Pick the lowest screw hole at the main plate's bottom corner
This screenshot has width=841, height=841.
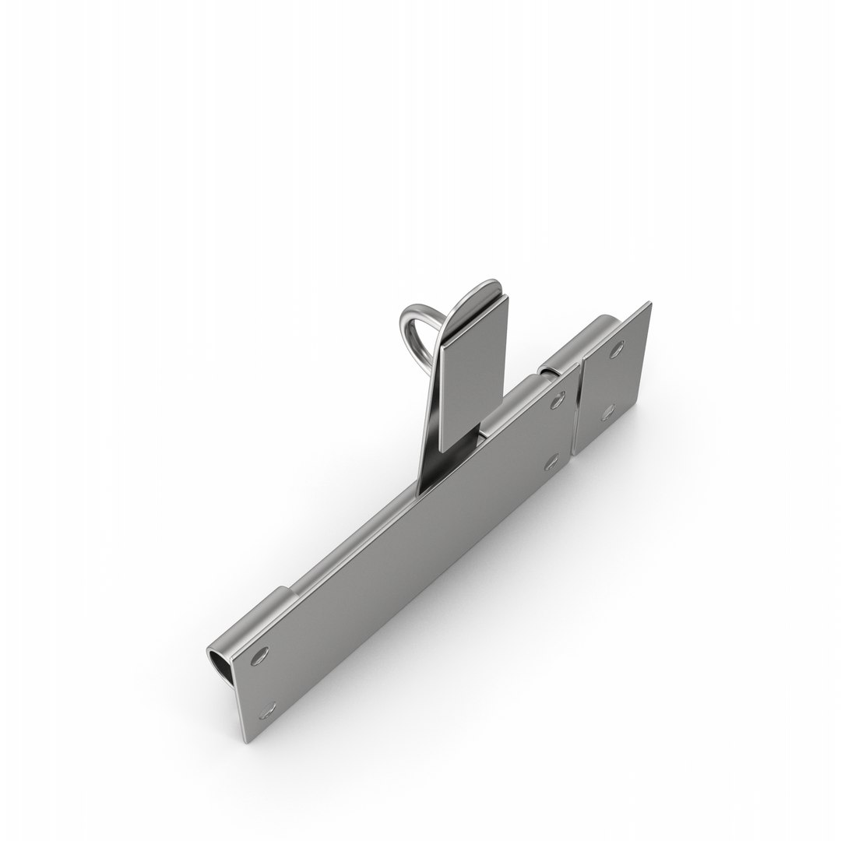(269, 687)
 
